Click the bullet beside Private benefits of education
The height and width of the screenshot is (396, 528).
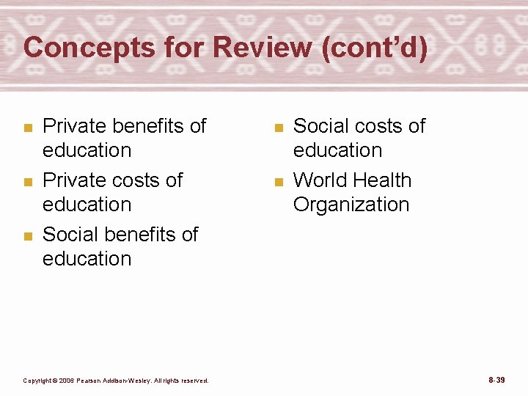(x=27, y=128)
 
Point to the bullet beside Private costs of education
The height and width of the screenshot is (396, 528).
(x=27, y=182)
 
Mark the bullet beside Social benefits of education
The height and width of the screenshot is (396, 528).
(x=27, y=236)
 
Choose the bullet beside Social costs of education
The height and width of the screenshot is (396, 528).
(x=278, y=128)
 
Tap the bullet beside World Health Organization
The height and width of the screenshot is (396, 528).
(x=278, y=182)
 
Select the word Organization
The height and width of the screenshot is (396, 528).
(x=351, y=205)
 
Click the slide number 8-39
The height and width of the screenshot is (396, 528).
(x=496, y=380)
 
